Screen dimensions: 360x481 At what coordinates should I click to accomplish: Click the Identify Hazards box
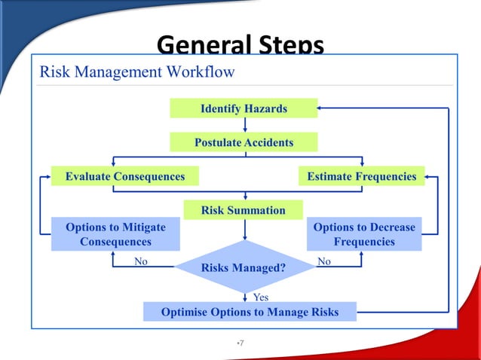pos(244,108)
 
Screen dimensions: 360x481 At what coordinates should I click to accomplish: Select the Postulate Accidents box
pos(244,142)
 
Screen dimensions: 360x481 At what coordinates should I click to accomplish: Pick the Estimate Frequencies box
pos(362,176)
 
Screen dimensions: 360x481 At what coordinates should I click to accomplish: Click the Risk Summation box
pos(244,210)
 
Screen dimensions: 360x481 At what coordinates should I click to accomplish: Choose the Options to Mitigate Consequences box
pos(115,234)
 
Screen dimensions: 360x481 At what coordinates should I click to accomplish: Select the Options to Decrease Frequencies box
pos(364,234)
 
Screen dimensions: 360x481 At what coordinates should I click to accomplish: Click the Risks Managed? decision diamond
pos(244,267)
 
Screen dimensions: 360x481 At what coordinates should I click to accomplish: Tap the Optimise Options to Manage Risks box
pos(250,312)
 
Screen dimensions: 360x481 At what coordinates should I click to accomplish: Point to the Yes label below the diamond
pos(260,297)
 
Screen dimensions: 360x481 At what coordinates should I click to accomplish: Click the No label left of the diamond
pos(140,261)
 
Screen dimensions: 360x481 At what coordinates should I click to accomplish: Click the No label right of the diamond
pos(324,261)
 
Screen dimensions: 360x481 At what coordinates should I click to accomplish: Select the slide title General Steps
pos(240,46)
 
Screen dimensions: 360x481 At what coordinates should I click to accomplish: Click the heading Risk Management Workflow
pos(137,72)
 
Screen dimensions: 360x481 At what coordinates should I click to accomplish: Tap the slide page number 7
pos(240,343)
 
